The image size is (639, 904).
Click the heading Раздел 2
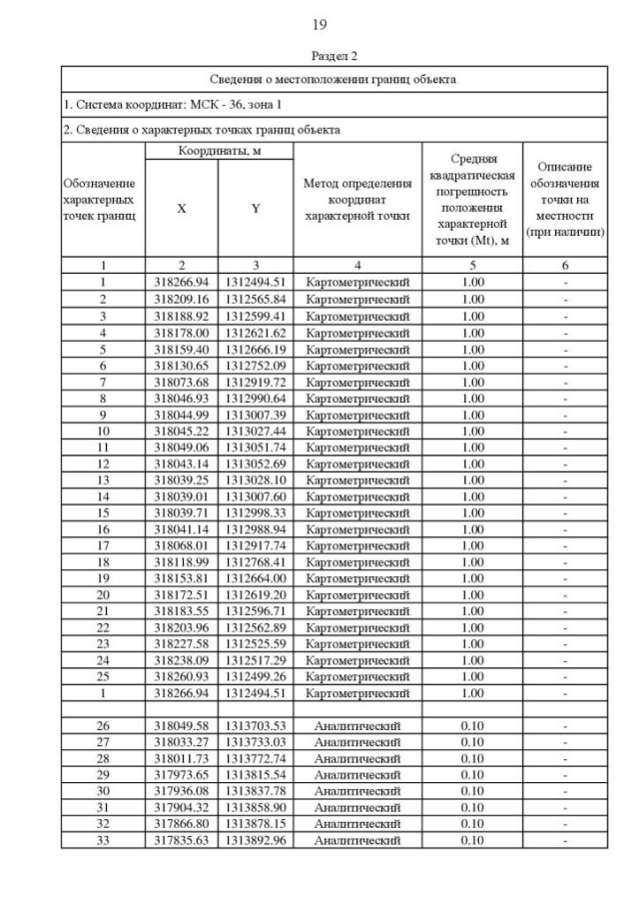click(x=319, y=57)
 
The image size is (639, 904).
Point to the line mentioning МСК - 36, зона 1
click(x=160, y=104)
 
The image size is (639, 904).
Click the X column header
click(x=182, y=209)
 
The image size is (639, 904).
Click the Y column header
click(x=256, y=209)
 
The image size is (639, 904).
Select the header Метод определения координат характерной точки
click(x=357, y=200)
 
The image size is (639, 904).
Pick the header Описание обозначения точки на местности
click(x=565, y=200)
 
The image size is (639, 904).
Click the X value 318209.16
click(x=182, y=299)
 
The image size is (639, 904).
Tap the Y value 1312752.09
click(x=256, y=365)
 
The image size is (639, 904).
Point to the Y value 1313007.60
click(x=256, y=496)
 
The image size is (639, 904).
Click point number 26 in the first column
click(x=103, y=725)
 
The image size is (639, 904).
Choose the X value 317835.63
click(x=182, y=840)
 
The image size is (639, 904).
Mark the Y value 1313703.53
click(x=256, y=725)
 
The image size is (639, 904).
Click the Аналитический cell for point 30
click(x=357, y=791)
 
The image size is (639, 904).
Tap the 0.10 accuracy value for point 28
click(x=472, y=758)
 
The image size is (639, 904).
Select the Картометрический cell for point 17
click(x=357, y=545)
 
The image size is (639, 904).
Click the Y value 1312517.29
click(x=256, y=660)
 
